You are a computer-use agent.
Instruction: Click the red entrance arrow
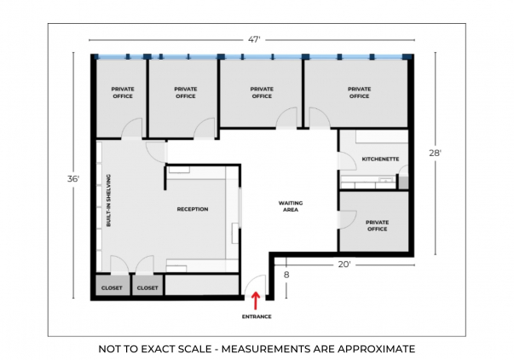pos(256,300)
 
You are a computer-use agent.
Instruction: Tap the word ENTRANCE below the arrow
pos(257,316)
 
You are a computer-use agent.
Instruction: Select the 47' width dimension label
pos(254,40)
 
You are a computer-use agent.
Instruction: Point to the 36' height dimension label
pos(73,179)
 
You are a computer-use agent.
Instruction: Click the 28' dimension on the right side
pos(436,153)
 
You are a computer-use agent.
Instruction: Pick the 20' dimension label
pos(344,264)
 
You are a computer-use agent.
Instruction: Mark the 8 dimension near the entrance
pos(286,275)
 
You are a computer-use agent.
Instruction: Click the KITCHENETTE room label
pos(380,160)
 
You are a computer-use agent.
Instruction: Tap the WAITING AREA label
pos(291,206)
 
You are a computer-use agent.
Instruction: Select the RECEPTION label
pos(193,209)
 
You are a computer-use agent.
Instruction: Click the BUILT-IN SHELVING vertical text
pos(108,200)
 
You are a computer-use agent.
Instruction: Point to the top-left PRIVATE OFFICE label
pos(123,92)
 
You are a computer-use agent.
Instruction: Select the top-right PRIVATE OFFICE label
pos(359,92)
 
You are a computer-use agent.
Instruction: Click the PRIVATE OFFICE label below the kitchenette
pos(378,226)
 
